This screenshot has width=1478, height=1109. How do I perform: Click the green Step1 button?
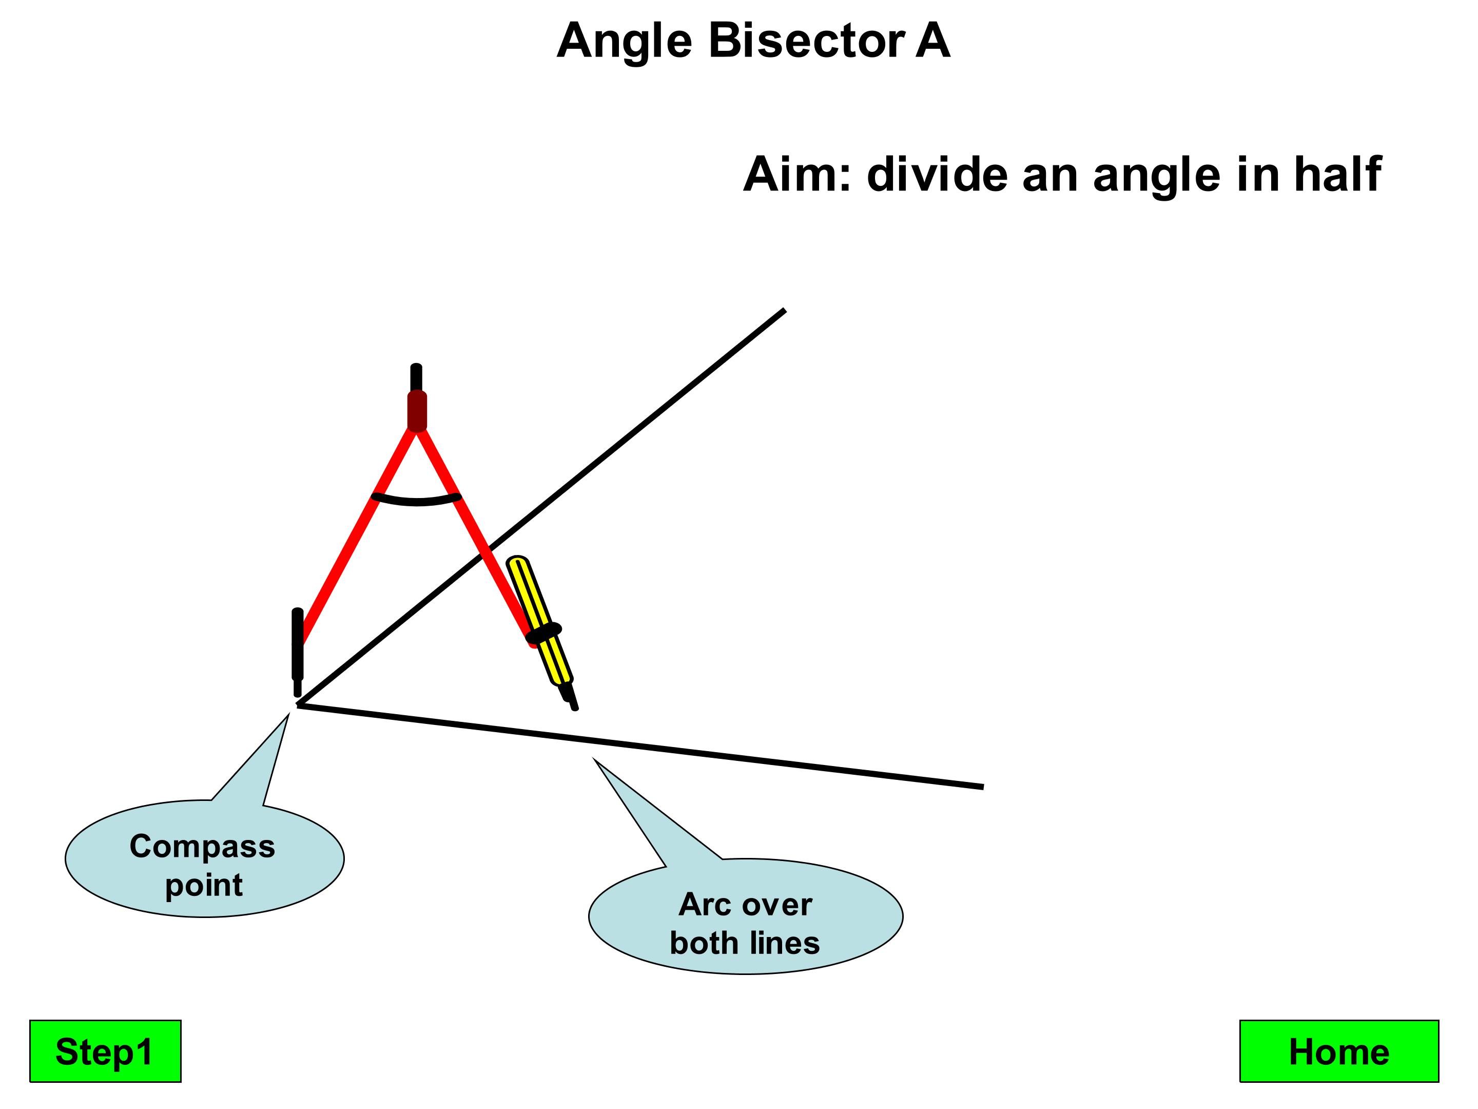(x=105, y=1051)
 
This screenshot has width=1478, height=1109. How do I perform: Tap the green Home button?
(x=1338, y=1051)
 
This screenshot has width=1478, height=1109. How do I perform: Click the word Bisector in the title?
(x=806, y=42)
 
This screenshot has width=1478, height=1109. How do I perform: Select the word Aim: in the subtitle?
(x=797, y=175)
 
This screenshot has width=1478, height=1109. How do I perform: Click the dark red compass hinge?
(x=417, y=410)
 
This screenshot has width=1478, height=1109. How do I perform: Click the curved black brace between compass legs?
(x=416, y=500)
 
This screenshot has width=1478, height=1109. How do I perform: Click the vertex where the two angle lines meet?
(x=299, y=704)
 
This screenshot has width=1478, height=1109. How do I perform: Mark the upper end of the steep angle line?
(x=783, y=311)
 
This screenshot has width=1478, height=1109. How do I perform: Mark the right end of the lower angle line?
(x=982, y=787)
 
